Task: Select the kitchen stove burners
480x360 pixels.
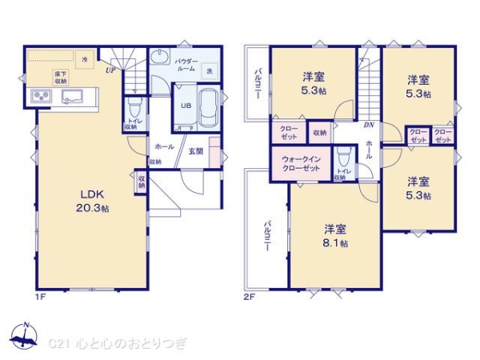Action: [x=41, y=98]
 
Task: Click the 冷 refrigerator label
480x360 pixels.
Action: [x=84, y=58]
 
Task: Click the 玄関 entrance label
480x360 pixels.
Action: [x=195, y=150]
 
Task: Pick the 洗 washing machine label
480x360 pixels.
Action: [x=209, y=73]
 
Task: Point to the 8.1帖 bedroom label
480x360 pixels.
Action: [x=335, y=236]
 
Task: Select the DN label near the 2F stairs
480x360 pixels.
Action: [x=368, y=125]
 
